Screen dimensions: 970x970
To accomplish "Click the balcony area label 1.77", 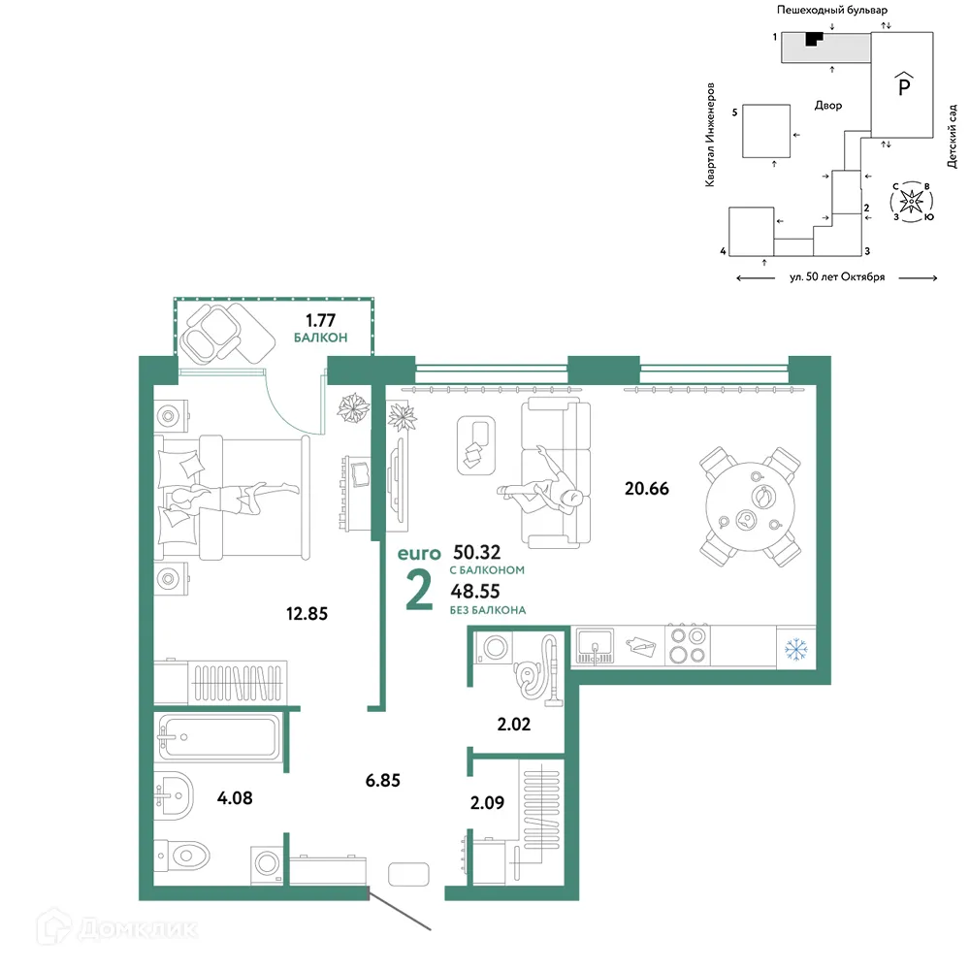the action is pyautogui.click(x=320, y=320).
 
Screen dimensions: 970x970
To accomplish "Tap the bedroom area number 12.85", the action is pyautogui.click(x=307, y=614).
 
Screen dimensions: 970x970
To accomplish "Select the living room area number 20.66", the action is pyautogui.click(x=646, y=489).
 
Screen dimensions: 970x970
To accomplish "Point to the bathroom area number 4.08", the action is pyautogui.click(x=235, y=798).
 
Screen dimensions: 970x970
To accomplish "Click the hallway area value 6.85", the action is pyautogui.click(x=383, y=781).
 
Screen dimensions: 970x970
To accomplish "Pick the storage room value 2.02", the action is pyautogui.click(x=514, y=724).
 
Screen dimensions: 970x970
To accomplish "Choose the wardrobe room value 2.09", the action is pyautogui.click(x=488, y=803).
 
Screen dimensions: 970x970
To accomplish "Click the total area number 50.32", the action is pyautogui.click(x=477, y=552).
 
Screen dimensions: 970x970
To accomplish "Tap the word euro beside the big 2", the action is pyautogui.click(x=419, y=554).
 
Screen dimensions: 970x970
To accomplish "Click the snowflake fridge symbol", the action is pyautogui.click(x=796, y=650).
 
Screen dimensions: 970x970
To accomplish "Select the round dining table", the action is pyautogui.click(x=750, y=506).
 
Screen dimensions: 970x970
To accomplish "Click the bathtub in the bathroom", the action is pyautogui.click(x=219, y=737).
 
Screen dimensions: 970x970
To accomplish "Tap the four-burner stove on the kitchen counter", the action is pyautogui.click(x=688, y=645).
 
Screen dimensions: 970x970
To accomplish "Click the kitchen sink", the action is pyautogui.click(x=595, y=646).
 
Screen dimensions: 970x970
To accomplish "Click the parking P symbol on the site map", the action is pyautogui.click(x=904, y=83).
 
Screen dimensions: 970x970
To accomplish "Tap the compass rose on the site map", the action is pyautogui.click(x=911, y=202).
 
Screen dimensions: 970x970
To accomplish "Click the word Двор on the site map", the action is pyautogui.click(x=828, y=106).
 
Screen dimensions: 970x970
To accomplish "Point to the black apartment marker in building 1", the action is pyautogui.click(x=813, y=39).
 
